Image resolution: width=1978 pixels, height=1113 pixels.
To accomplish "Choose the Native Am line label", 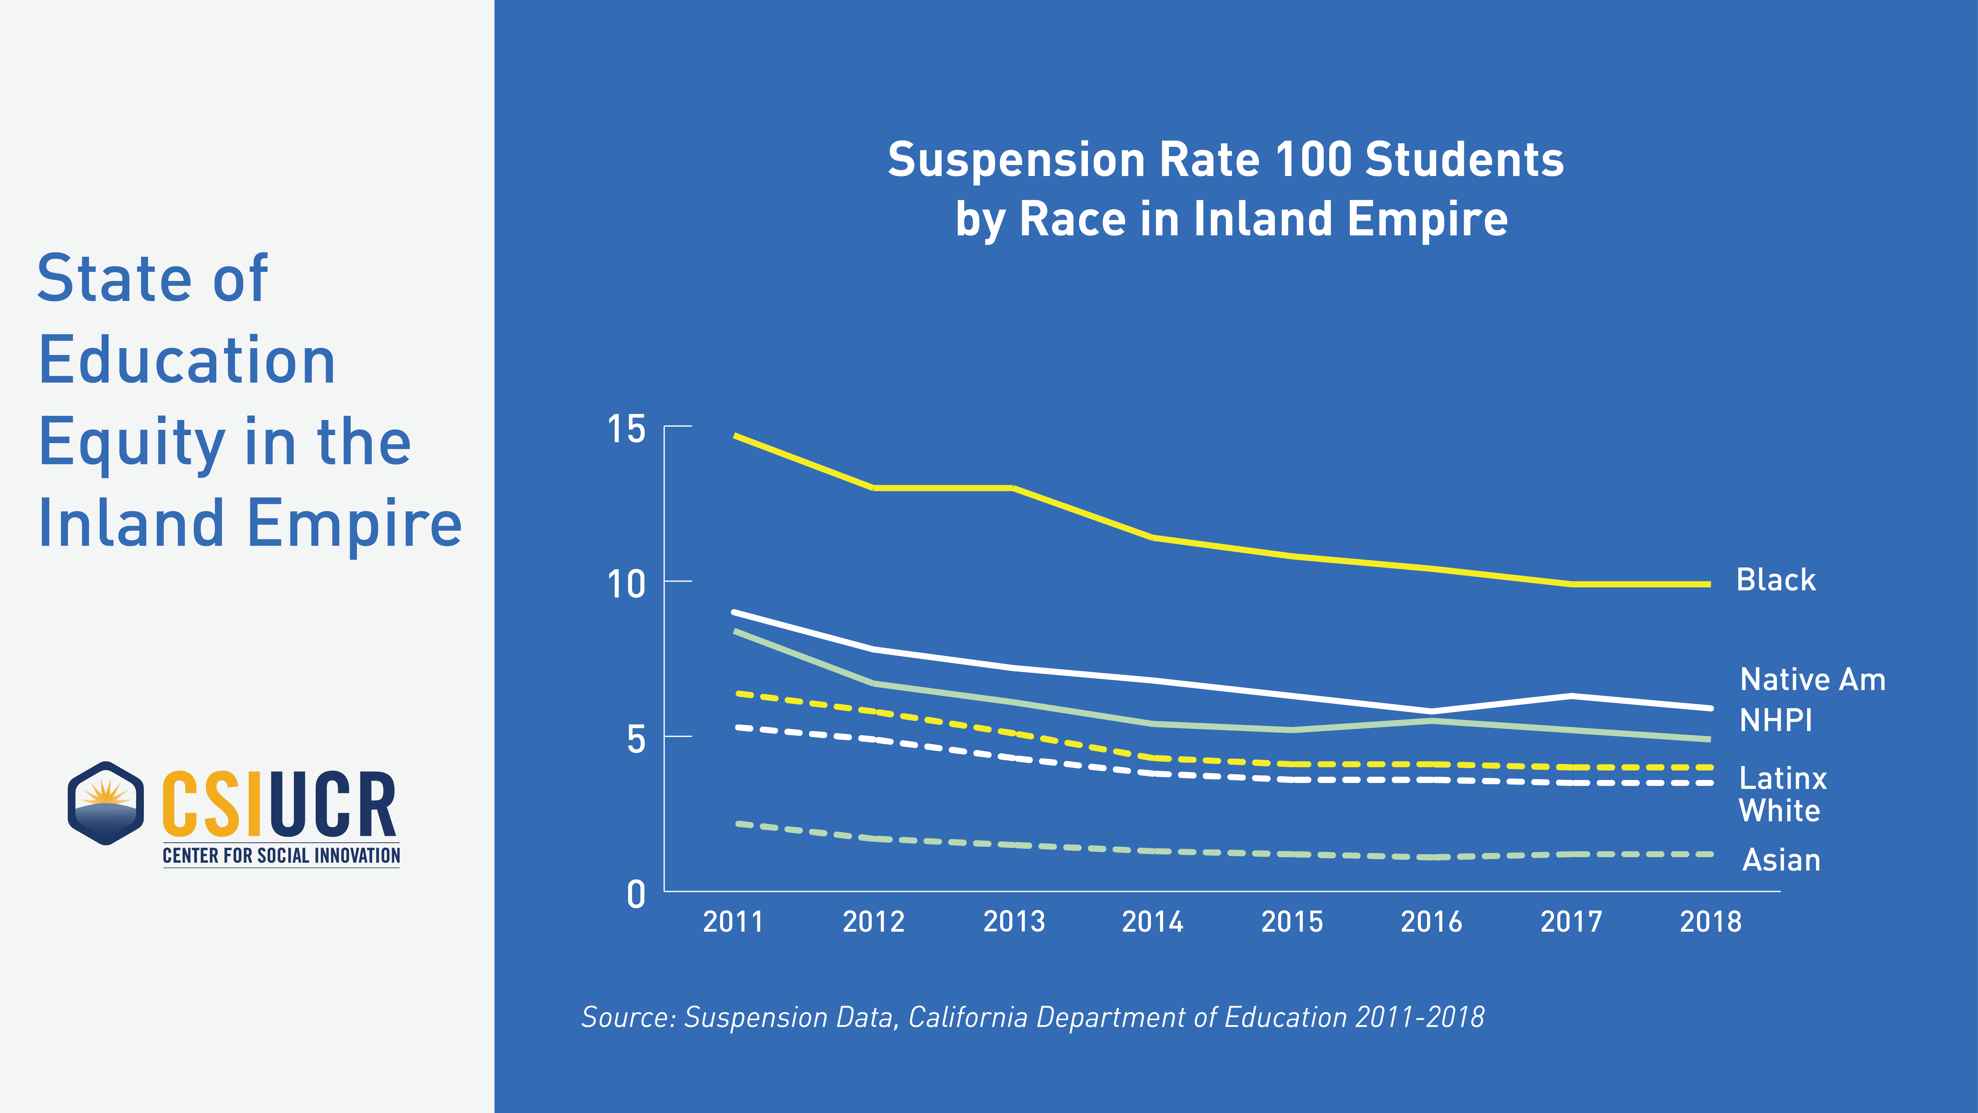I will click(x=1812, y=680).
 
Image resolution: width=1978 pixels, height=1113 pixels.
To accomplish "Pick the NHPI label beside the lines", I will click(x=1775, y=721).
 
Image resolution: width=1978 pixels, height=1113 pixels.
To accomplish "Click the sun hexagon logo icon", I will click(x=106, y=803).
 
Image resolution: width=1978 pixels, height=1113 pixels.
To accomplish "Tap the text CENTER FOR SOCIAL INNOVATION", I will click(x=281, y=856).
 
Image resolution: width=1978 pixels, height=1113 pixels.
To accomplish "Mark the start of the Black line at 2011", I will click(x=735, y=435).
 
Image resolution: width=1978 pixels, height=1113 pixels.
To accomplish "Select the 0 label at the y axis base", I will click(x=636, y=895).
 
